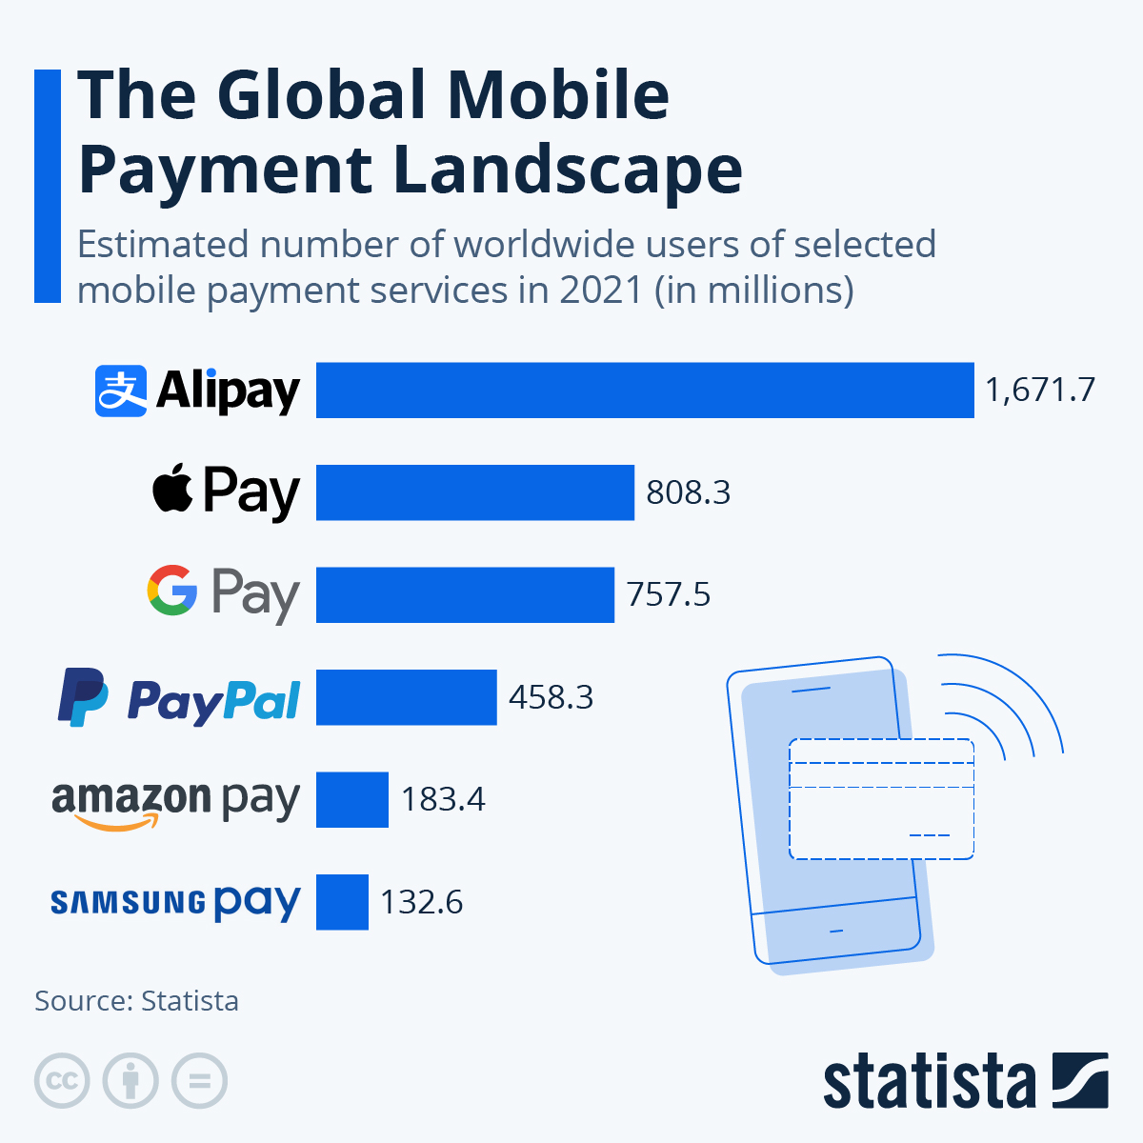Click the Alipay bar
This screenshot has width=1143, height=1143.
point(645,390)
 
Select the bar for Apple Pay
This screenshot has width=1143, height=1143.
point(474,492)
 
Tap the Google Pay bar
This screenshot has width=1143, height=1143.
point(465,594)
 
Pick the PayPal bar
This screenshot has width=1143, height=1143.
point(406,697)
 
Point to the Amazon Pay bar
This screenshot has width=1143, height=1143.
point(351,799)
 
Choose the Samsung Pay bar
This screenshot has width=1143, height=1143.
point(342,902)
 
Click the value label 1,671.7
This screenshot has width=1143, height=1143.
point(1040,390)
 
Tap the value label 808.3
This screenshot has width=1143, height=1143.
point(688,492)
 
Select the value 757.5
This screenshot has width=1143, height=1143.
point(669,594)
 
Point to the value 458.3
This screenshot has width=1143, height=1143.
point(551,697)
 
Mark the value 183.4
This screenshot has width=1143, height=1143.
point(443,799)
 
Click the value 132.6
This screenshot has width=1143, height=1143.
point(422,902)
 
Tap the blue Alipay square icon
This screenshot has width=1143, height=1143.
point(121,391)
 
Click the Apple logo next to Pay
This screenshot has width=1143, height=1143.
point(173,490)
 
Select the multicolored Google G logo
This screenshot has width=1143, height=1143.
point(172,591)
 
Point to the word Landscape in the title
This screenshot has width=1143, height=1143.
point(567,170)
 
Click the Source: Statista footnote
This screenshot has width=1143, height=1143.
point(136,1001)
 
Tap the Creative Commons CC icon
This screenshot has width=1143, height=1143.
point(62,1081)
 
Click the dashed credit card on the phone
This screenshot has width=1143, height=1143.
point(881,799)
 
